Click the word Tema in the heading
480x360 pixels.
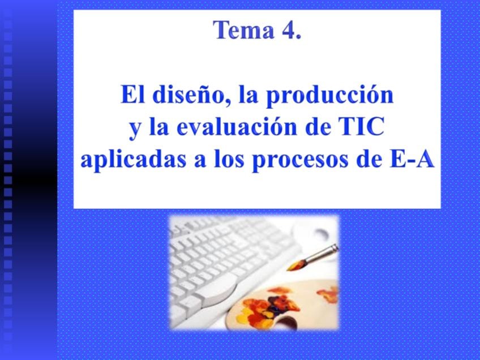243,29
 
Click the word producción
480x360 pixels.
329,96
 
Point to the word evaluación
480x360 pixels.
237,126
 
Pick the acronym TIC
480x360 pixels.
361,126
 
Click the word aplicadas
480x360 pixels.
133,160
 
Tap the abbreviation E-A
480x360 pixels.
412,158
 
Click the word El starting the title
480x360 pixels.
133,95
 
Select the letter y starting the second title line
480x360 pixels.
134,130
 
